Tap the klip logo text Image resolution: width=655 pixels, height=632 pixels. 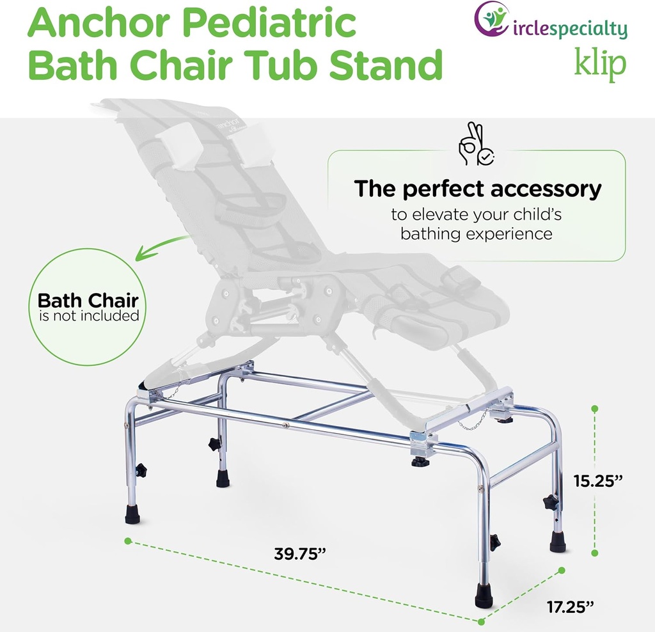click(x=599, y=65)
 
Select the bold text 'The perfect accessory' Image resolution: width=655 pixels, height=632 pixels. click(x=478, y=189)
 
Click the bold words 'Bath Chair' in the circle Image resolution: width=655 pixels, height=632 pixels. click(x=88, y=301)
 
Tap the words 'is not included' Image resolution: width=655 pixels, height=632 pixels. click(x=89, y=315)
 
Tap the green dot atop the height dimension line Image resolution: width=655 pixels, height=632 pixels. click(x=596, y=407)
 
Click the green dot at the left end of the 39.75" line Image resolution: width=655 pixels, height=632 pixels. click(x=127, y=541)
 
